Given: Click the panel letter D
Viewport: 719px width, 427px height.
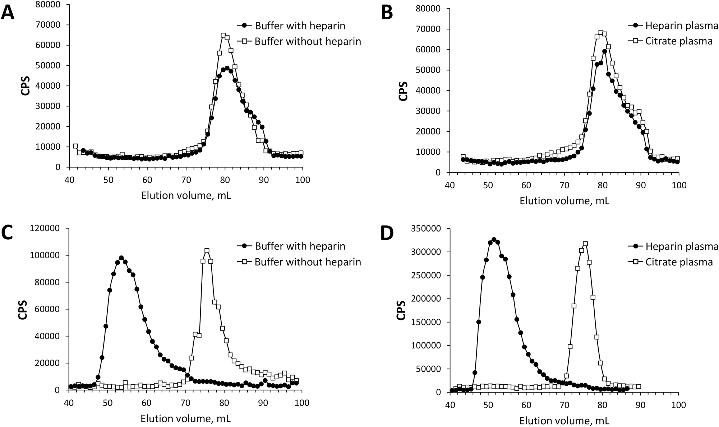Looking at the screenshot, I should pos(386,233).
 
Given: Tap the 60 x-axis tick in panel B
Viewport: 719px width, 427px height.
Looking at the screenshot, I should pos(526,185).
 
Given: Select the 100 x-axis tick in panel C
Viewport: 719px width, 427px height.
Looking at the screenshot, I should pos(302,403).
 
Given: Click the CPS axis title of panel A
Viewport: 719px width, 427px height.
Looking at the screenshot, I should pos(25,86).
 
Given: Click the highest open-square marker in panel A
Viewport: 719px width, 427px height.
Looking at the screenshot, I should pos(223,36).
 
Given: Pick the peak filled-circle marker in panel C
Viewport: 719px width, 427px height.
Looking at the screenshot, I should pos(121,258).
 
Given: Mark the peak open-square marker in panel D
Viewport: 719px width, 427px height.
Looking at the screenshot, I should pos(585,244).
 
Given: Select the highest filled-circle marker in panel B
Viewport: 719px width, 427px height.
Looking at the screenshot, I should pos(605,51).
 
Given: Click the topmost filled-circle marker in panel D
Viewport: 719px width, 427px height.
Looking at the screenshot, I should pos(494,239).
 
